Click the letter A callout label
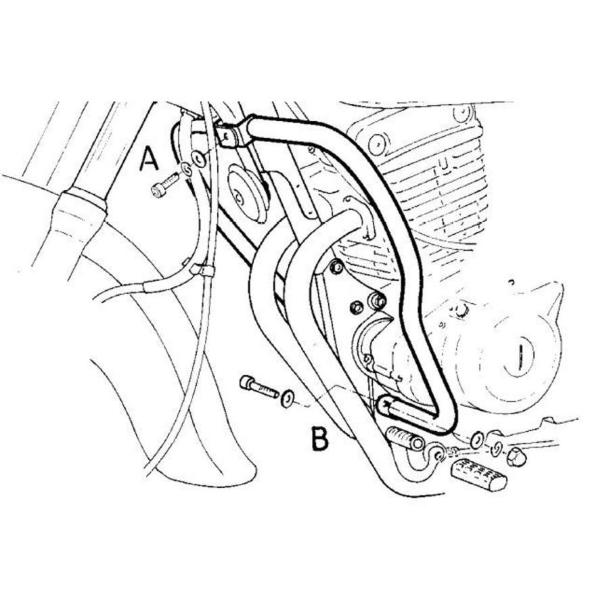tap(149, 158)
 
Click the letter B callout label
tap(319, 438)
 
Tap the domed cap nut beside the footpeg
tap(516, 457)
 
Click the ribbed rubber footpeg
tap(478, 474)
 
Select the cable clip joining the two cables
tap(201, 270)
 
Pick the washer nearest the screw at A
tap(187, 169)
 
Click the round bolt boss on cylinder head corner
tap(377, 143)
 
